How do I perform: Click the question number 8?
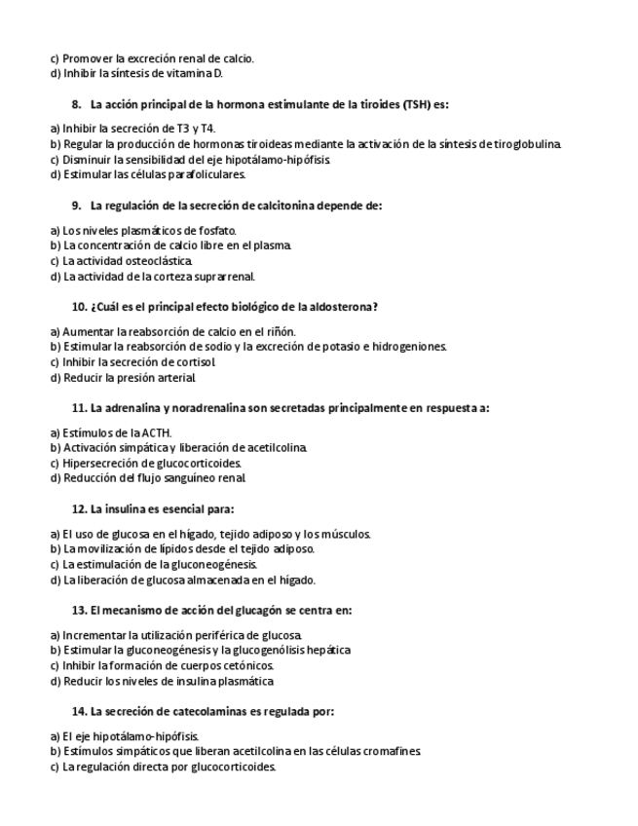[x=77, y=103]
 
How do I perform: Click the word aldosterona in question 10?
[x=343, y=306]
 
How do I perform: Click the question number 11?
[x=80, y=407]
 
